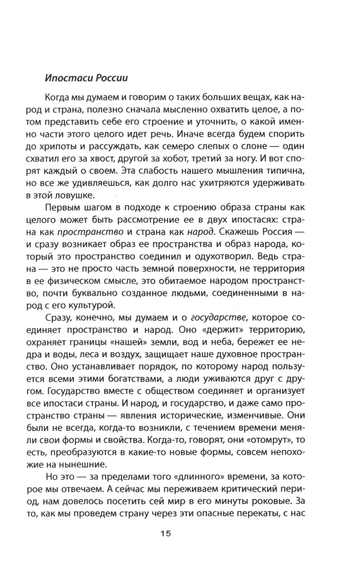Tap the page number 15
[166, 533]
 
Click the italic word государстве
[219, 317]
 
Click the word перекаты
[253, 513]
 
